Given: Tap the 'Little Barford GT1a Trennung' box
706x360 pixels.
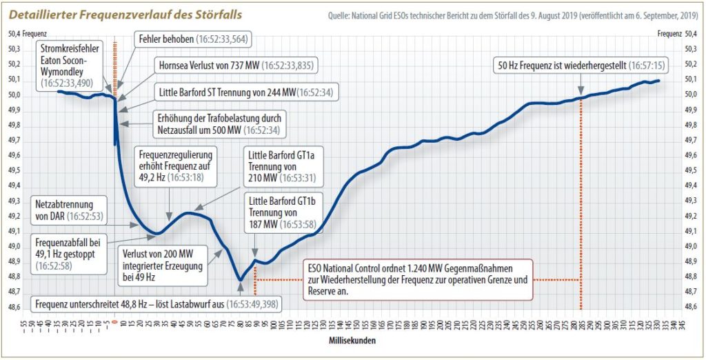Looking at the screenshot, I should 281,166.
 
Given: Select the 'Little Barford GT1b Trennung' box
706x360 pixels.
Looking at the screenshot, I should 281,212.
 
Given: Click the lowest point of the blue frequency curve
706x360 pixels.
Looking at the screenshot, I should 240,279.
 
